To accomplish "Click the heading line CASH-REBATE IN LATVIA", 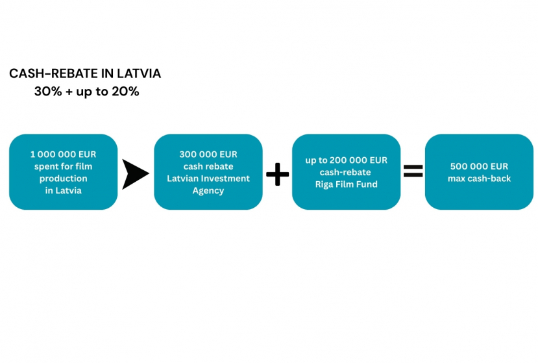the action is click(x=85, y=73).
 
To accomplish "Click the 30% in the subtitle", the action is click(x=48, y=92).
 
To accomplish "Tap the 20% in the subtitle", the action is click(x=125, y=92).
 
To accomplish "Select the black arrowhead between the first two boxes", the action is click(x=135, y=174).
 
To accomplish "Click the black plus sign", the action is click(x=278, y=174).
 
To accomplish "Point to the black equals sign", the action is click(x=413, y=171).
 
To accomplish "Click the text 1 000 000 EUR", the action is click(x=63, y=154).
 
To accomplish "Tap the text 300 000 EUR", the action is click(x=208, y=154).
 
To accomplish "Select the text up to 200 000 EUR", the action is click(x=346, y=160).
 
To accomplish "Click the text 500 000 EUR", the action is click(x=479, y=166).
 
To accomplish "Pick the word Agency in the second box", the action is click(x=208, y=191).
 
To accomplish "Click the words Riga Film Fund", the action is click(x=346, y=184).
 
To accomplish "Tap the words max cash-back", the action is click(x=479, y=178).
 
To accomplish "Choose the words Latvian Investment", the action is click(x=208, y=178).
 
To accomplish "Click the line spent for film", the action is click(x=63, y=166).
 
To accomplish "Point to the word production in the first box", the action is click(x=63, y=179).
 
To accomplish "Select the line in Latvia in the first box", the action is click(x=63, y=190).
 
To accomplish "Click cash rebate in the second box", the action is click(x=208, y=166).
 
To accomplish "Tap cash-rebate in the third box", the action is click(x=345, y=172).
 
